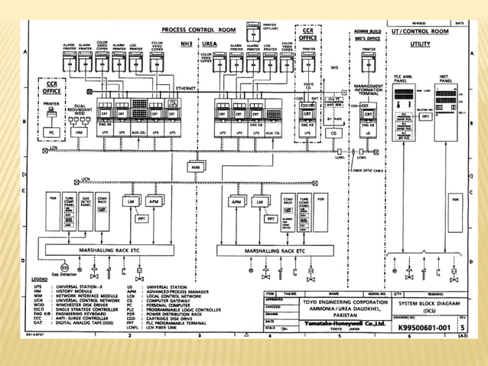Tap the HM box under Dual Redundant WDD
(80, 132)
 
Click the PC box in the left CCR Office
(51, 132)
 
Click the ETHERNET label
(186, 89)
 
